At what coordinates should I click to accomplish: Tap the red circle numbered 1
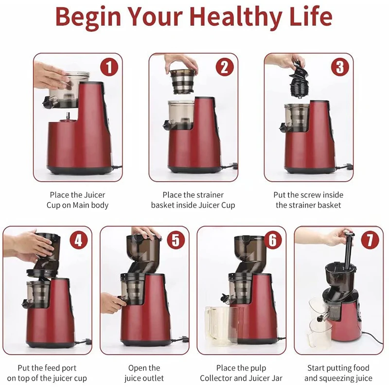click(x=109, y=67)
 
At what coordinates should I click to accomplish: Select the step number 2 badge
click(x=224, y=67)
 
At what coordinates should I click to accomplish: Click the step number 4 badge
click(x=79, y=240)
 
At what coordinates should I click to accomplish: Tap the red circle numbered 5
click(x=176, y=240)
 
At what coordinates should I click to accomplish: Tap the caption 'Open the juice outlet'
click(x=144, y=373)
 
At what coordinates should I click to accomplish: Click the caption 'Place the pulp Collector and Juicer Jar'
click(x=242, y=373)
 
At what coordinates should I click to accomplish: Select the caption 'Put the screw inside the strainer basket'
click(x=308, y=200)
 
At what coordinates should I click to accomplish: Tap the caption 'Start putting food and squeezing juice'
click(x=338, y=373)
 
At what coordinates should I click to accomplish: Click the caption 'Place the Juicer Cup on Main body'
click(x=77, y=200)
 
